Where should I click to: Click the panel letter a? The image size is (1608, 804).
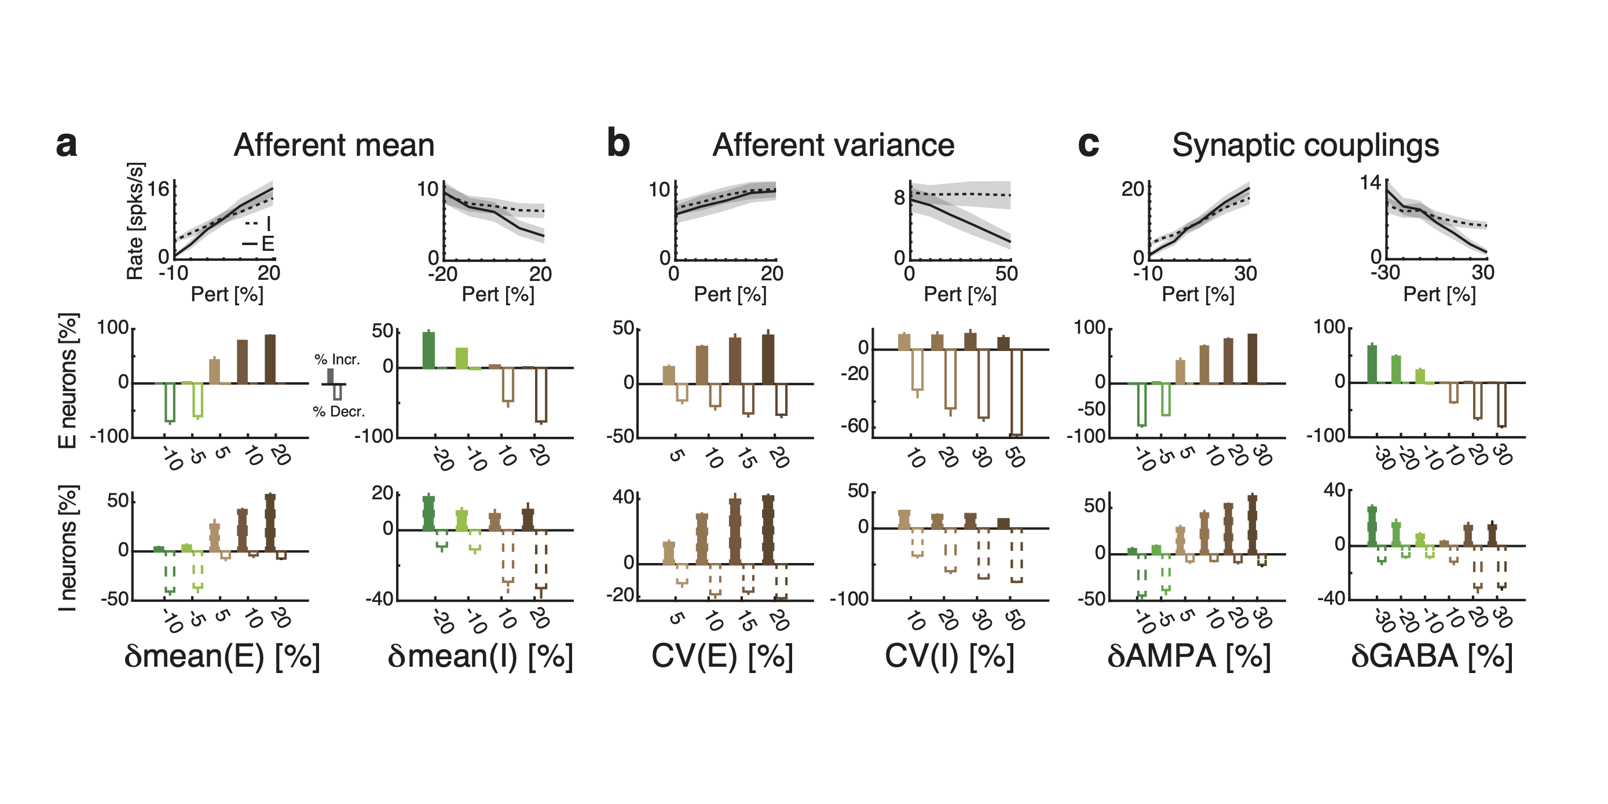(x=66, y=145)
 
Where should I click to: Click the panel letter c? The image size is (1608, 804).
(x=1088, y=145)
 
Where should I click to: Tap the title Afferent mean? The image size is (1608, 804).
(x=334, y=145)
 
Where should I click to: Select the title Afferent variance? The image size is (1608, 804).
(x=833, y=145)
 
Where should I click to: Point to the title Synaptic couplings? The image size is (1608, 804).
(x=1305, y=145)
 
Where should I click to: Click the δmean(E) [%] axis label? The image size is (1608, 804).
(x=222, y=656)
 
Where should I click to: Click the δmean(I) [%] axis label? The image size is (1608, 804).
(x=480, y=656)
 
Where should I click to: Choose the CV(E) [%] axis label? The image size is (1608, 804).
(x=722, y=656)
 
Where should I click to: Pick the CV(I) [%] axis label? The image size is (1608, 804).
(x=950, y=656)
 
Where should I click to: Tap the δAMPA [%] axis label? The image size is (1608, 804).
(x=1189, y=656)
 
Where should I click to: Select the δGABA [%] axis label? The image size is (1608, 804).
(x=1431, y=656)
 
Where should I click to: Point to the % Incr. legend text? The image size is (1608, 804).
(x=337, y=360)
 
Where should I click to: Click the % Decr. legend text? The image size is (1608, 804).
(x=339, y=411)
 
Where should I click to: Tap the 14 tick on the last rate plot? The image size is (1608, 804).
(x=1371, y=183)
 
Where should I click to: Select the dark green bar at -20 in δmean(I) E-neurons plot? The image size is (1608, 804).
(x=429, y=350)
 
